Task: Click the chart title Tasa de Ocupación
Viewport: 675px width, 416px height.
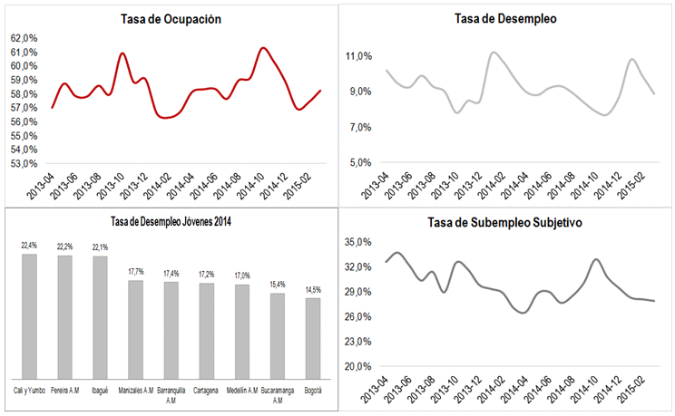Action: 171,19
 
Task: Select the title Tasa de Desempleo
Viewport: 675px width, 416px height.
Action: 505,18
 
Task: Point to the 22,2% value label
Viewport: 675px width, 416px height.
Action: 64,247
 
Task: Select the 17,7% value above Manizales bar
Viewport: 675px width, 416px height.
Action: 135,271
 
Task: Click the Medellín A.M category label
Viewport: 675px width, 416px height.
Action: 241,391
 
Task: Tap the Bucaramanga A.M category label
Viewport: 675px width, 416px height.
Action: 277,394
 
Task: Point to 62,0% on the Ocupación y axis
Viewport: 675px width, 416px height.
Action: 24,38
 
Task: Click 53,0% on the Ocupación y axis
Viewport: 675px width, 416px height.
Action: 24,164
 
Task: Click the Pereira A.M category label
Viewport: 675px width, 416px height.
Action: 65,391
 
